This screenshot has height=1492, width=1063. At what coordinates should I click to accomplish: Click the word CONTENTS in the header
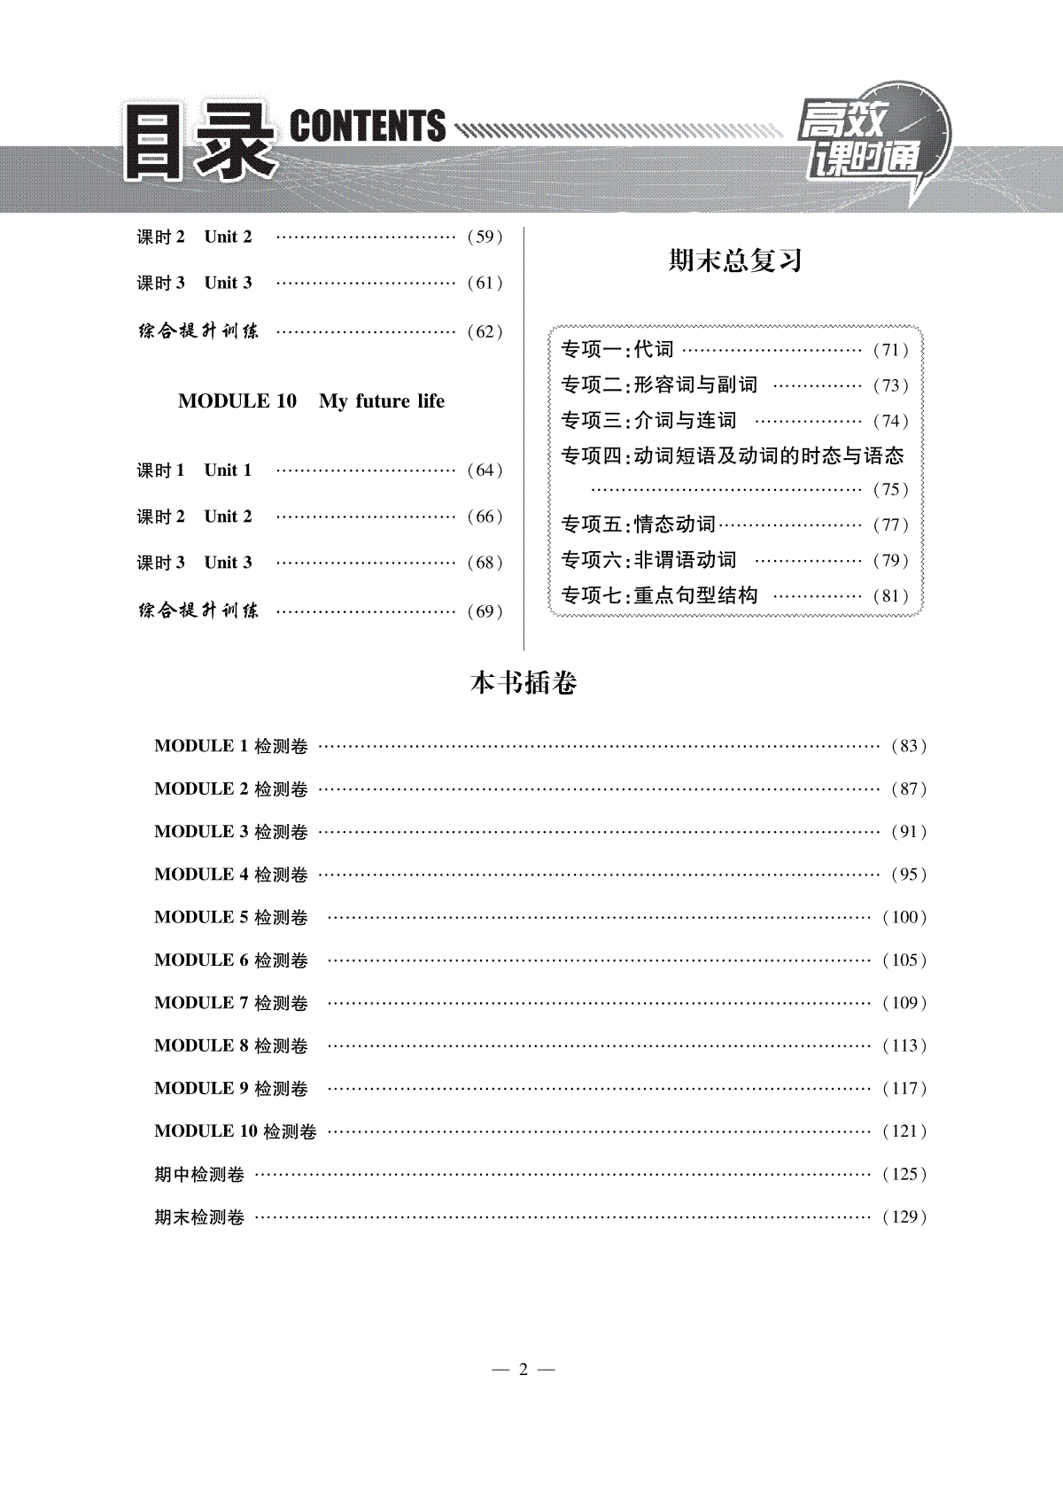coord(368,126)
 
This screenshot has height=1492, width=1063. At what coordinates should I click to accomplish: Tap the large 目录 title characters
coord(199,142)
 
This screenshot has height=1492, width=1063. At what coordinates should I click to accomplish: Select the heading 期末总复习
coord(734,260)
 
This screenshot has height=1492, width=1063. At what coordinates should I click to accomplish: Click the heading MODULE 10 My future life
coord(311,401)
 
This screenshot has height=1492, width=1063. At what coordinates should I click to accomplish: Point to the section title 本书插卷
coord(524,683)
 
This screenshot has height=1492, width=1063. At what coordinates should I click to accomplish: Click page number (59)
coord(485,237)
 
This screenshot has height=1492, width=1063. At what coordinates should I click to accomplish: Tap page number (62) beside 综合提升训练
coord(485,331)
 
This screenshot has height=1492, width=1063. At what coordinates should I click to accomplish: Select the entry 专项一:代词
coord(617,349)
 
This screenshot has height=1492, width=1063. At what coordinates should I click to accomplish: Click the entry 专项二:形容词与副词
coord(659,385)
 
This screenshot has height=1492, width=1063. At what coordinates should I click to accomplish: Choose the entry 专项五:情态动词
coord(638,525)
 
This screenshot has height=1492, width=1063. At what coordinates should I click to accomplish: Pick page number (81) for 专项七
coord(891,595)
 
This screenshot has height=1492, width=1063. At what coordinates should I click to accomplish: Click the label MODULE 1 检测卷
coord(231,746)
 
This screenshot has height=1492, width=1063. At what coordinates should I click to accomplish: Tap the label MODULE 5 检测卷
coord(231,917)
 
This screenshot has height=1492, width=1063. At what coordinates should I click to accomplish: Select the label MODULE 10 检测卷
coord(235,1131)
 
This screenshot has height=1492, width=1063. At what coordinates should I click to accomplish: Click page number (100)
coord(904,917)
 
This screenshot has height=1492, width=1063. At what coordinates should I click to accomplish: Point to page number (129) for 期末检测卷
coord(904,1216)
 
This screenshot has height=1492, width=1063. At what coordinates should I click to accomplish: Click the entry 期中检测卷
coord(199,1175)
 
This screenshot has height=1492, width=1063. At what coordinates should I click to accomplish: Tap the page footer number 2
coord(523,1370)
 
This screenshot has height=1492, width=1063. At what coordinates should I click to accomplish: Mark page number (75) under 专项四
coord(891,489)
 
